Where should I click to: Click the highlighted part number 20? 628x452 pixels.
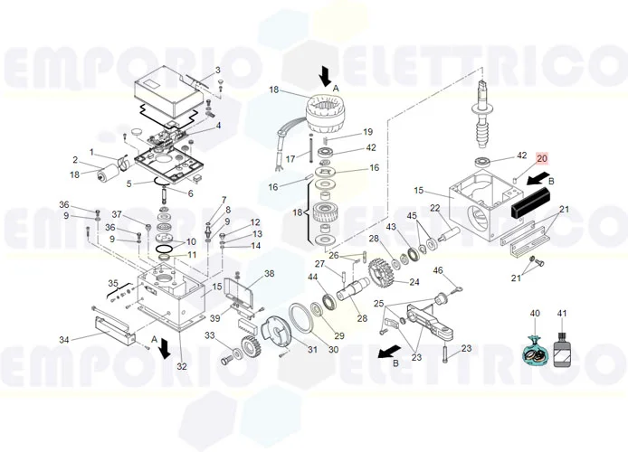point(542,158)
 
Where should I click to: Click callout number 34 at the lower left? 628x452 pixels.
point(64,340)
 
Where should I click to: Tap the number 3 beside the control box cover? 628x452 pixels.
point(217,71)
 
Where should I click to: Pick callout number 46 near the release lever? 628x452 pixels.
point(438,270)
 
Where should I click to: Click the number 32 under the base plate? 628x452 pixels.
point(182,366)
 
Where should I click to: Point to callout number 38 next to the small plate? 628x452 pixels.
point(269,273)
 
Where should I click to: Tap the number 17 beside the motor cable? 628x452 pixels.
point(290,159)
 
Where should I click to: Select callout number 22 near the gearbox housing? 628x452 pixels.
point(434,209)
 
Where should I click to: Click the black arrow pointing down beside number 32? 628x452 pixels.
point(165,347)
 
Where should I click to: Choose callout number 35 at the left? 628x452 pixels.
point(113,283)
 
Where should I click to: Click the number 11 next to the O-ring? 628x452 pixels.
point(191,255)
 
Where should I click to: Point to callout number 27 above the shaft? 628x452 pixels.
point(319,264)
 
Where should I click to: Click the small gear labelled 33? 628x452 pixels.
point(245,348)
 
